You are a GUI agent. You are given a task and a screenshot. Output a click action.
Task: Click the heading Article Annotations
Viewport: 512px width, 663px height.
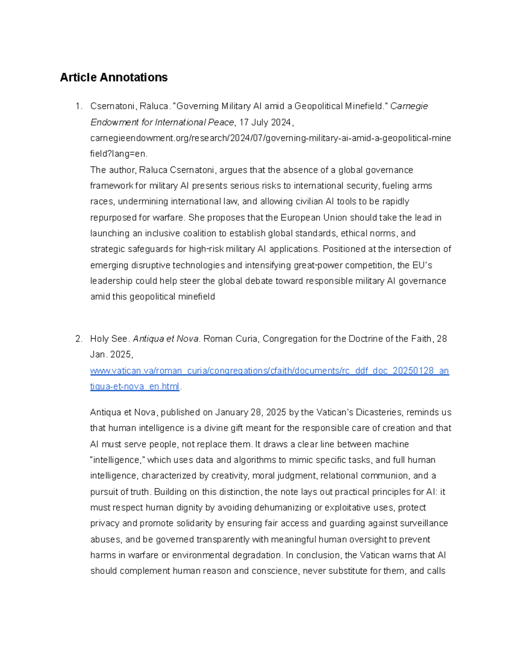point(113,77)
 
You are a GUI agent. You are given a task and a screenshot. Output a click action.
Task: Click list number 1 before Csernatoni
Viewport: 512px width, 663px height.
point(78,106)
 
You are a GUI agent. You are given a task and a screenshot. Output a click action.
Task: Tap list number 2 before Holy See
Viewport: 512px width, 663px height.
point(78,339)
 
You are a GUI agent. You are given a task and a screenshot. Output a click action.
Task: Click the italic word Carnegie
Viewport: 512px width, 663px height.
point(409,106)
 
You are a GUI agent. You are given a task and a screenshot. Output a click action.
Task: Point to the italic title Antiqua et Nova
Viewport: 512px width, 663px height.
point(166,339)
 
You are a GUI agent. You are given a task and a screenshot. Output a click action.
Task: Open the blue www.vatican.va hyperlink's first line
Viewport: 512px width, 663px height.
point(269,371)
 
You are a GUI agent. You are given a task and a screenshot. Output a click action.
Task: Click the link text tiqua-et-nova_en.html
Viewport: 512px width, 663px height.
point(134,386)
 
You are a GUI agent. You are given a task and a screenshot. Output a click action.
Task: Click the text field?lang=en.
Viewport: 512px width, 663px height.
point(119,154)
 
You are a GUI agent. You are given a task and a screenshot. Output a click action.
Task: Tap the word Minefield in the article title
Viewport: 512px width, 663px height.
point(364,106)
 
